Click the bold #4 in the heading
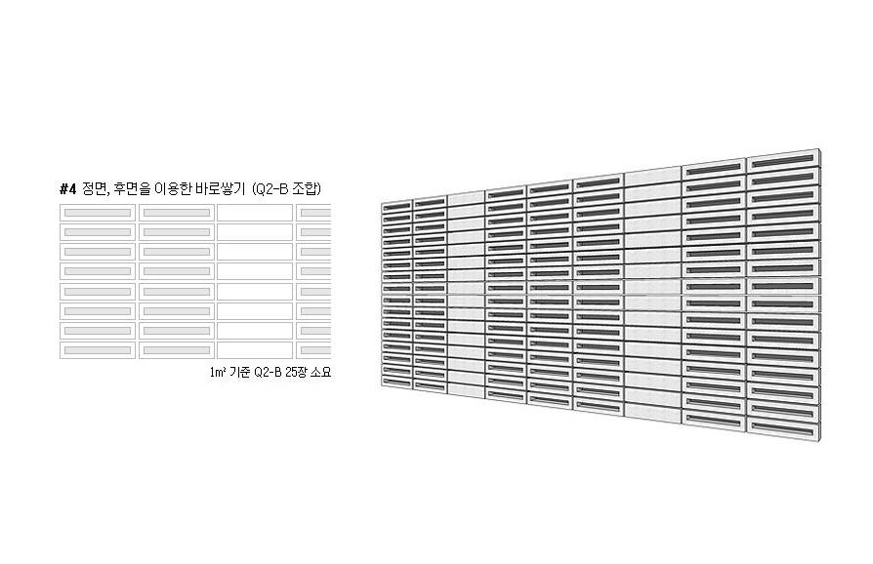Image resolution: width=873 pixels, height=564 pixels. pos(67,189)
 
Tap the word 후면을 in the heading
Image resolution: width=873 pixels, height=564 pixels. pos(132,189)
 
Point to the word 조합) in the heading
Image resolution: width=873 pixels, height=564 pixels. pos(307,189)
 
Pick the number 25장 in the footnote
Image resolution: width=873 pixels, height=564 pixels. pos(295,372)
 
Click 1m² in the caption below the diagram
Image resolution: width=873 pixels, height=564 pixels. pos(217,372)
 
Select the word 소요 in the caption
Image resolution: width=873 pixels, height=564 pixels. pos(320,372)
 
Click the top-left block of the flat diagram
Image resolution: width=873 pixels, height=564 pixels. pos(98,213)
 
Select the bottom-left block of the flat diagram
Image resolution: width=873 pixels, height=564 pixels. pos(98,350)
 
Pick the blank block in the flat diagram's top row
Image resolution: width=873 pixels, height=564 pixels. pos(255,213)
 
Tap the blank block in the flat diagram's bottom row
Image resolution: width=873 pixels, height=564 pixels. pos(255,350)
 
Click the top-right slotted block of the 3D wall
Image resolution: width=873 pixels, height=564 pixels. pos(783,160)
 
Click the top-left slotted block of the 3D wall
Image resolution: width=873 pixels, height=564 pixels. pos(397,206)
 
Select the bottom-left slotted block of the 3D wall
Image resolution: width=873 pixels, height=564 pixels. pos(397,383)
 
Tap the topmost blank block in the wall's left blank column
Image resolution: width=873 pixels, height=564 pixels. pos(466,198)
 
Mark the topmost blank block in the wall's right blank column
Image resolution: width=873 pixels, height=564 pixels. pos(653,178)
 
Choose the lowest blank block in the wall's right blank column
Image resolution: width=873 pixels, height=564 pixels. pos(653,412)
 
